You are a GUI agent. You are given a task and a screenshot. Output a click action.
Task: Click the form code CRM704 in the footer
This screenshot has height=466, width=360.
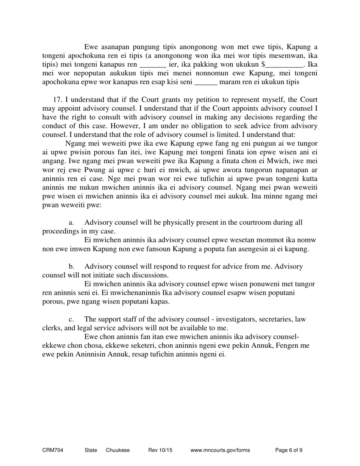click(53, 450)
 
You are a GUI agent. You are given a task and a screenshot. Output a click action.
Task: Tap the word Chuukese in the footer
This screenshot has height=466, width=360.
click(117, 450)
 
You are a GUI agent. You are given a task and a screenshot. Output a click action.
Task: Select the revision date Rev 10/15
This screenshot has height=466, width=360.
click(160, 450)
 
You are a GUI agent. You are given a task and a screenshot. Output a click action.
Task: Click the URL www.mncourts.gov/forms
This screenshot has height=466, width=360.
click(220, 450)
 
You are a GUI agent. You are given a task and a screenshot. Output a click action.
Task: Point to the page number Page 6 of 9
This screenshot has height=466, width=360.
click(288, 450)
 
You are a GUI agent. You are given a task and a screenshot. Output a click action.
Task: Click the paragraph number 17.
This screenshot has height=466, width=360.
click(57, 100)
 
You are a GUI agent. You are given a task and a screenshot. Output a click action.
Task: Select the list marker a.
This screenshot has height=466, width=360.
click(71, 222)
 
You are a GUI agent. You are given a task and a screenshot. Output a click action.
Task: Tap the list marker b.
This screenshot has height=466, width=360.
click(71, 266)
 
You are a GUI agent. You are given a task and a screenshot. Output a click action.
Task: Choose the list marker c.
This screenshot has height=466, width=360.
click(71, 319)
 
